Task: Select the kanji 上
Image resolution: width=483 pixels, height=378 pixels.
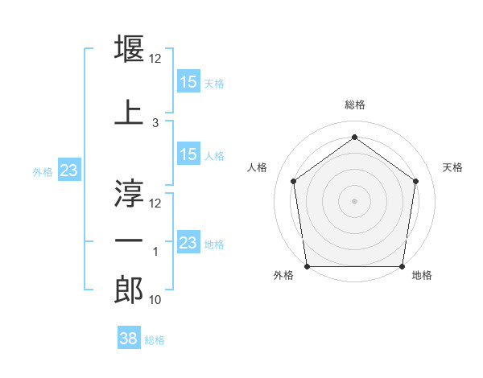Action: (130, 112)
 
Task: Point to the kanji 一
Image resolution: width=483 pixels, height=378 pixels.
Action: (130, 240)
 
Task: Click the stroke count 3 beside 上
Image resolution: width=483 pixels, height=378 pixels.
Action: (155, 122)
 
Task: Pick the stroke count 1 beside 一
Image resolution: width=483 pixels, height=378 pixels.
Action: (155, 252)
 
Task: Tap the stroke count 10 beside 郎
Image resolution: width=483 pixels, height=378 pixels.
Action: (156, 300)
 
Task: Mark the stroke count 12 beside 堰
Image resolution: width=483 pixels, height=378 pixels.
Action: (156, 59)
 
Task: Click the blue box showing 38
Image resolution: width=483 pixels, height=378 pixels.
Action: (128, 339)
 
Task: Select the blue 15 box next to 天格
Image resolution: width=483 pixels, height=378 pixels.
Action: (188, 82)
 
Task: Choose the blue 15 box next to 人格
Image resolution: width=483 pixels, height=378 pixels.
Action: (188, 154)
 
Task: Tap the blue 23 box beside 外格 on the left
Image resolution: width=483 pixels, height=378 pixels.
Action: (68, 171)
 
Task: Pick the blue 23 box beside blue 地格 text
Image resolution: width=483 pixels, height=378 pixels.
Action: (188, 243)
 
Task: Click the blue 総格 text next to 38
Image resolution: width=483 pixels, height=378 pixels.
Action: (155, 340)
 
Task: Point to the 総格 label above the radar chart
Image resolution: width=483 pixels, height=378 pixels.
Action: (354, 105)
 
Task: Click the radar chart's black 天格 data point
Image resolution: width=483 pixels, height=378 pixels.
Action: (415, 181)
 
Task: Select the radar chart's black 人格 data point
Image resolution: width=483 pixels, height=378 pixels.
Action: (293, 181)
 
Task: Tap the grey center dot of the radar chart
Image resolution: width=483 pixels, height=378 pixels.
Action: (354, 200)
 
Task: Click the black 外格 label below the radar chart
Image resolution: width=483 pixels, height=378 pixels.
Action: (283, 276)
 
